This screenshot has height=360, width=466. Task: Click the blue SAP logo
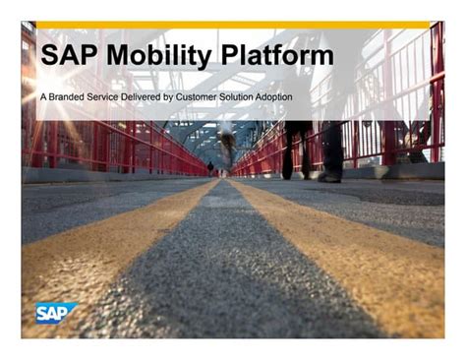[x=56, y=313]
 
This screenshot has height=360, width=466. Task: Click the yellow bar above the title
[x=233, y=25]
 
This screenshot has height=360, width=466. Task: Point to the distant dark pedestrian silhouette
[x=210, y=168]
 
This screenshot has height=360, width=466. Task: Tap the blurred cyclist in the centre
[x=228, y=146]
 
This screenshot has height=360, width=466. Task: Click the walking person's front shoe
[x=329, y=178]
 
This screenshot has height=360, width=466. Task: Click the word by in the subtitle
[x=168, y=97]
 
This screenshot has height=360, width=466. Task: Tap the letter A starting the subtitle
[x=43, y=97]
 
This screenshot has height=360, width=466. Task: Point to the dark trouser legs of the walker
[x=312, y=150]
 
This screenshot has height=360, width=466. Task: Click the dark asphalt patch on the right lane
[x=393, y=196]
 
